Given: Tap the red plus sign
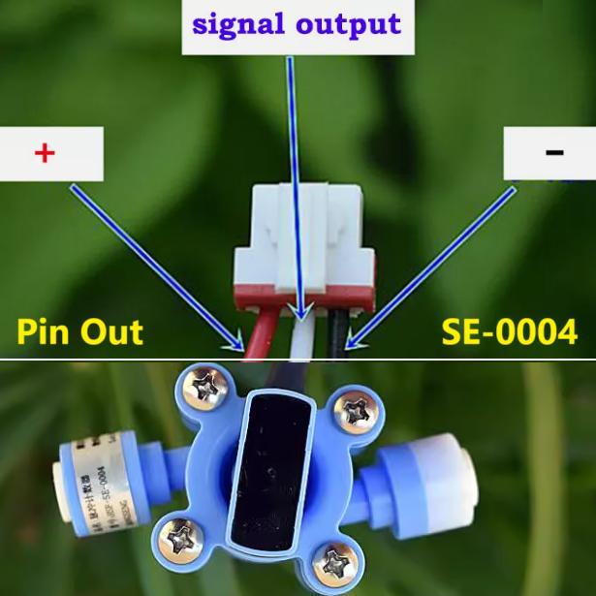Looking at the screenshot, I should [x=44, y=153].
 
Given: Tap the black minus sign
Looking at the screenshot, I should [x=553, y=152].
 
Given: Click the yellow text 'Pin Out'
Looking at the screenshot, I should [x=80, y=331].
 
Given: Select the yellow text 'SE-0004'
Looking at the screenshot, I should [x=509, y=331].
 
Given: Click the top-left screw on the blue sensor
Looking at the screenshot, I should [x=206, y=391].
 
